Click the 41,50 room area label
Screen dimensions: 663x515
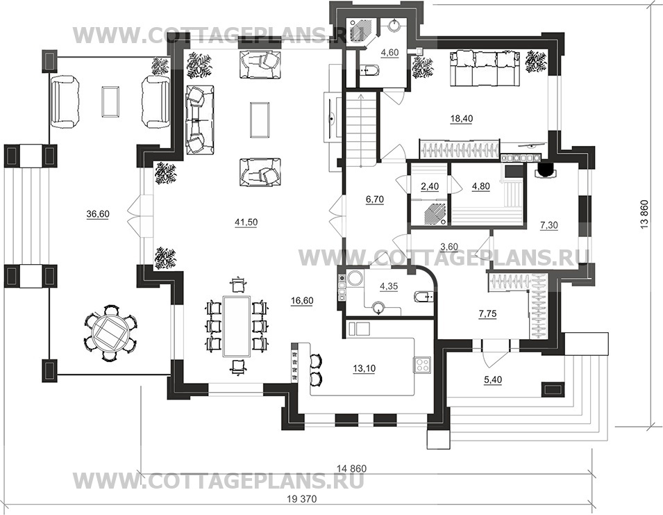point(246,222)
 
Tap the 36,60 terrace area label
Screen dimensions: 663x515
point(98,215)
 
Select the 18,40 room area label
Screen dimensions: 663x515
point(461,119)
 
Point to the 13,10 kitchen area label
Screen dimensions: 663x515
point(364,369)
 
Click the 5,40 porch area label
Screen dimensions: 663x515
point(493,380)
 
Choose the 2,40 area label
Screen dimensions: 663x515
point(430,186)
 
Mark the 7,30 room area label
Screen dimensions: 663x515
point(549,226)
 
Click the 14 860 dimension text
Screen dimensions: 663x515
point(352,468)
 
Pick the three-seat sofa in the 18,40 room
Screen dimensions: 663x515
point(485,69)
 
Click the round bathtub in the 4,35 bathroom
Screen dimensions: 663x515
point(354,279)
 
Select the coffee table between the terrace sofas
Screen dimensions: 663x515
point(110,101)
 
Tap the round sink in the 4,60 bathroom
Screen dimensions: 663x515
point(394,26)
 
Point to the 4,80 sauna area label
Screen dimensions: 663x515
point(480,186)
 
